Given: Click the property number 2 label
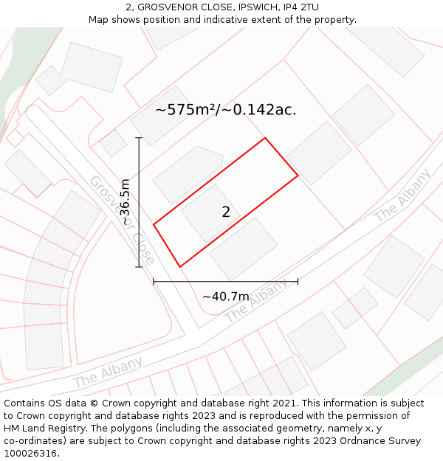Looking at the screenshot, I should [226, 212].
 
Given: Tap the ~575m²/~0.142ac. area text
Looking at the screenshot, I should [226, 110].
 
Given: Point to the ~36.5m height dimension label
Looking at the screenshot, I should [126, 202].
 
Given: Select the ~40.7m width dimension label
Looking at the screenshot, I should [226, 297].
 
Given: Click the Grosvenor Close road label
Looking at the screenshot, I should [122, 220].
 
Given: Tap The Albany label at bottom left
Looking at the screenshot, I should [108, 372].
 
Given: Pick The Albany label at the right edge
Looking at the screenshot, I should [402, 195].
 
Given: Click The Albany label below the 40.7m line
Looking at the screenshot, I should [256, 301].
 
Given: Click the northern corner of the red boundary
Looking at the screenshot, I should [264, 138].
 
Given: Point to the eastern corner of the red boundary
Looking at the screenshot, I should [298, 176].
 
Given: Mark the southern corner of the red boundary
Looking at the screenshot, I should [179, 266].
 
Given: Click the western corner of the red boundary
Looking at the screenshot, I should [154, 223].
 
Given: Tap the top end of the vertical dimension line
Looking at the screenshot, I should [139, 137].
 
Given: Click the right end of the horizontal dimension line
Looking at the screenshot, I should [298, 281].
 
